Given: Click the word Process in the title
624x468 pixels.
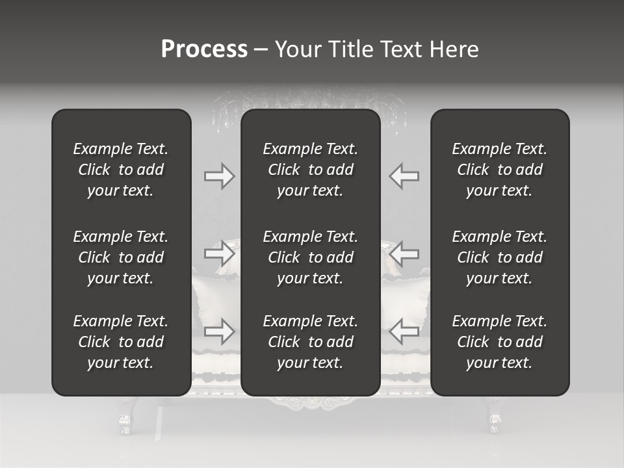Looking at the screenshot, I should pyautogui.click(x=204, y=49).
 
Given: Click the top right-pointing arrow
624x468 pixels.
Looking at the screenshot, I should pyautogui.click(x=219, y=176).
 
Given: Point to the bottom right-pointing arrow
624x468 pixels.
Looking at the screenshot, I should pyautogui.click(x=219, y=331).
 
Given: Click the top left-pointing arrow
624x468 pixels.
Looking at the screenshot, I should pyautogui.click(x=404, y=176).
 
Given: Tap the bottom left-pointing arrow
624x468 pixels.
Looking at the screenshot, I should pyautogui.click(x=404, y=331).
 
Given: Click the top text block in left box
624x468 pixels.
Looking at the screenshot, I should pyautogui.click(x=121, y=170).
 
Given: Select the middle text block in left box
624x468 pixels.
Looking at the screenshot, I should pyautogui.click(x=121, y=257).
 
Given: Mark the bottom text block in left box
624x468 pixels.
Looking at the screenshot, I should pyautogui.click(x=121, y=342).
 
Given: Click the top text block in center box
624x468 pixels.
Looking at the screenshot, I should pyautogui.click(x=310, y=170).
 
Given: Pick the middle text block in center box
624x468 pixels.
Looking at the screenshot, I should pyautogui.click(x=310, y=257).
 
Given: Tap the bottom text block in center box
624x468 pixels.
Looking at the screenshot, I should pyautogui.click(x=310, y=342).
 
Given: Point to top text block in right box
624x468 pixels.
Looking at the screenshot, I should pyautogui.click(x=499, y=170).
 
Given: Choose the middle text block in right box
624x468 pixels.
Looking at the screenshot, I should pyautogui.click(x=499, y=257).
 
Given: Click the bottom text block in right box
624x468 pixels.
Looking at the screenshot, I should pyautogui.click(x=499, y=342).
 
